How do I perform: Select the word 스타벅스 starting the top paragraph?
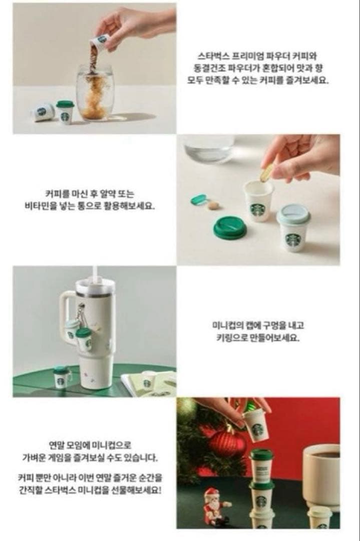[x=211, y=56]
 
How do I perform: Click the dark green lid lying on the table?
[x=230, y=228]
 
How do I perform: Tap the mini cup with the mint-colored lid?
[x=294, y=227]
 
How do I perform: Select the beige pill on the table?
[x=214, y=205]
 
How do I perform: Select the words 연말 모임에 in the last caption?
[x=69, y=445]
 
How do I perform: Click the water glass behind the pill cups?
[x=209, y=148]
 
